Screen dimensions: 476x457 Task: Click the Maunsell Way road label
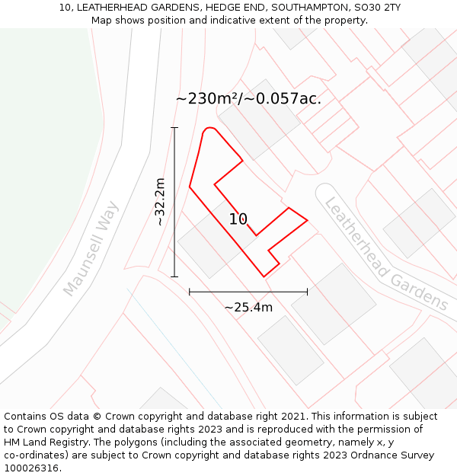click(x=91, y=248)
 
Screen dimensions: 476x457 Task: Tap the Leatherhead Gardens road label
click(x=386, y=254)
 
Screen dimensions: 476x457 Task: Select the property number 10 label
click(x=238, y=219)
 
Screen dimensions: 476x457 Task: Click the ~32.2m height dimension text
click(x=159, y=202)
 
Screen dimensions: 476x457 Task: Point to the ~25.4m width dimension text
click(x=248, y=308)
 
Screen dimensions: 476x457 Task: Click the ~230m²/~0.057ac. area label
click(x=248, y=98)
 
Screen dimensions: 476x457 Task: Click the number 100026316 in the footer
click(x=31, y=468)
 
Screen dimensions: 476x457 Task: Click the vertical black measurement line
click(x=174, y=202)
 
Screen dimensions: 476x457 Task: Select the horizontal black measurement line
click(x=248, y=291)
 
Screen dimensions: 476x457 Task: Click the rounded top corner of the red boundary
click(x=210, y=129)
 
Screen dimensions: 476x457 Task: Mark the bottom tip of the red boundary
click(x=264, y=276)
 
